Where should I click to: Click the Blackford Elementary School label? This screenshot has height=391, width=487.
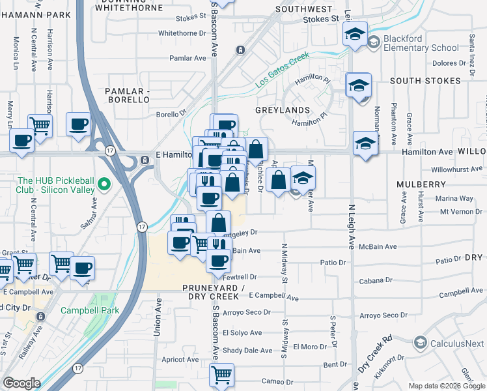tap(421, 43)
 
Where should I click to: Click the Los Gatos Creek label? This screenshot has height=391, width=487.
tap(281, 71)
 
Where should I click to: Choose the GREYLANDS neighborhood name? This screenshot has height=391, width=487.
tap(282, 111)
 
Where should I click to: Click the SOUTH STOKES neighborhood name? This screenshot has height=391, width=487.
tap(425, 81)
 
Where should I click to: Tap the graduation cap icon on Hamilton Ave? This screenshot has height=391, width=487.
tap(365, 143)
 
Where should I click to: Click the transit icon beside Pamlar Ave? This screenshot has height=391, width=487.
tap(240, 50)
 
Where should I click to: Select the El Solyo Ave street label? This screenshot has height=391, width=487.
tap(242, 332)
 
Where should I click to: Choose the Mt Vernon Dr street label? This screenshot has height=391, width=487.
tap(463, 212)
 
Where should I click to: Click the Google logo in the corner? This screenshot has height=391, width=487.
tap(21, 383)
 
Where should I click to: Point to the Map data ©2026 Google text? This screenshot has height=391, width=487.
tap(446, 386)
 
